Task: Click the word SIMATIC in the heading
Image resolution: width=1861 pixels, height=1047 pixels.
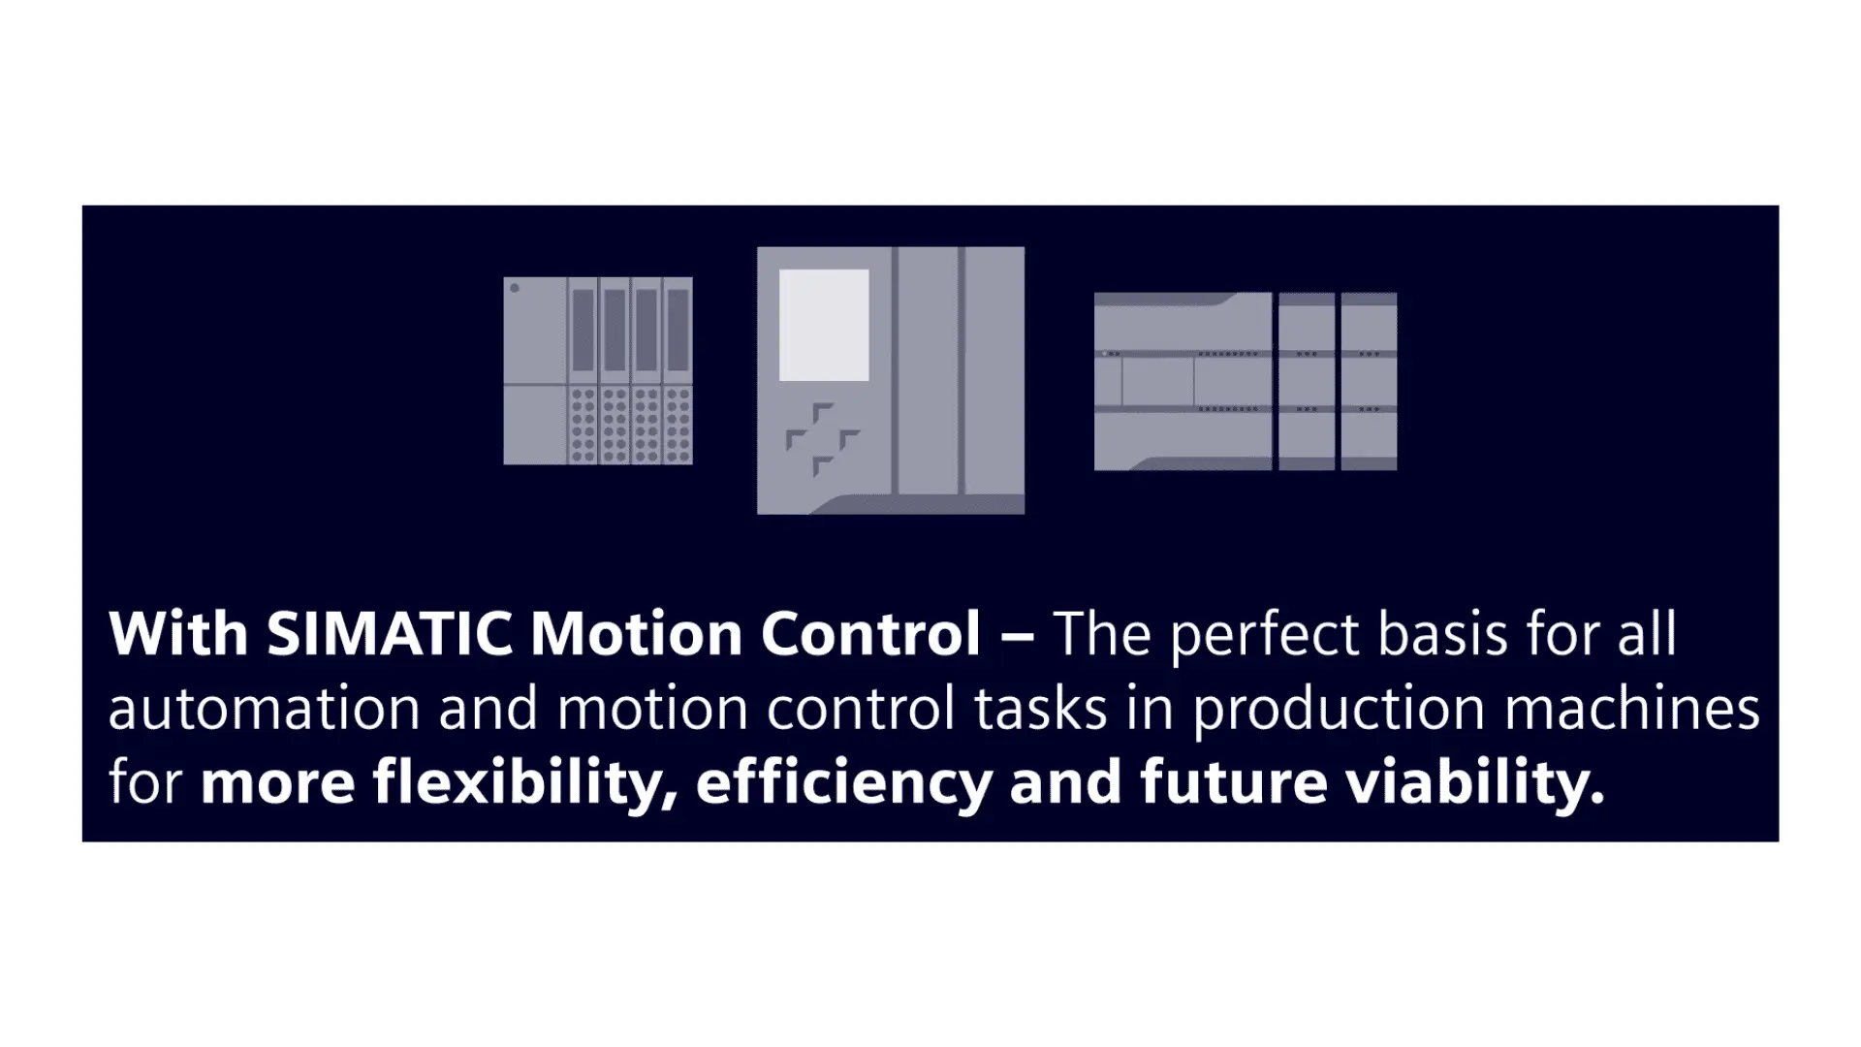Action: pos(389,634)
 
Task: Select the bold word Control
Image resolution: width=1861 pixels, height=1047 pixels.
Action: pos(870,634)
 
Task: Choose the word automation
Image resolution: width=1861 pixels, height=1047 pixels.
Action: pos(264,709)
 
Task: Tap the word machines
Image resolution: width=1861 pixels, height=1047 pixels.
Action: pos(1631,709)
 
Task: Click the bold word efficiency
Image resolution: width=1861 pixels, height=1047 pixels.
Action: pos(844,783)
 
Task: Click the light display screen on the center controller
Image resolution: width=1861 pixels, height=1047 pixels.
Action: pos(824,325)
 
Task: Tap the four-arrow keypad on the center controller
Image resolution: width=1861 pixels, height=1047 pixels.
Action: pos(822,440)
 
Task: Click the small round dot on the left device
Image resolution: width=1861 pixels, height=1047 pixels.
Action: pos(515,288)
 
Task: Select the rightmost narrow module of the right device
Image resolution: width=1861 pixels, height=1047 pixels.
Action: pos(1369,381)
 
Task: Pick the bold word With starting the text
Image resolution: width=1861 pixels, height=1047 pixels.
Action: pos(178,634)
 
